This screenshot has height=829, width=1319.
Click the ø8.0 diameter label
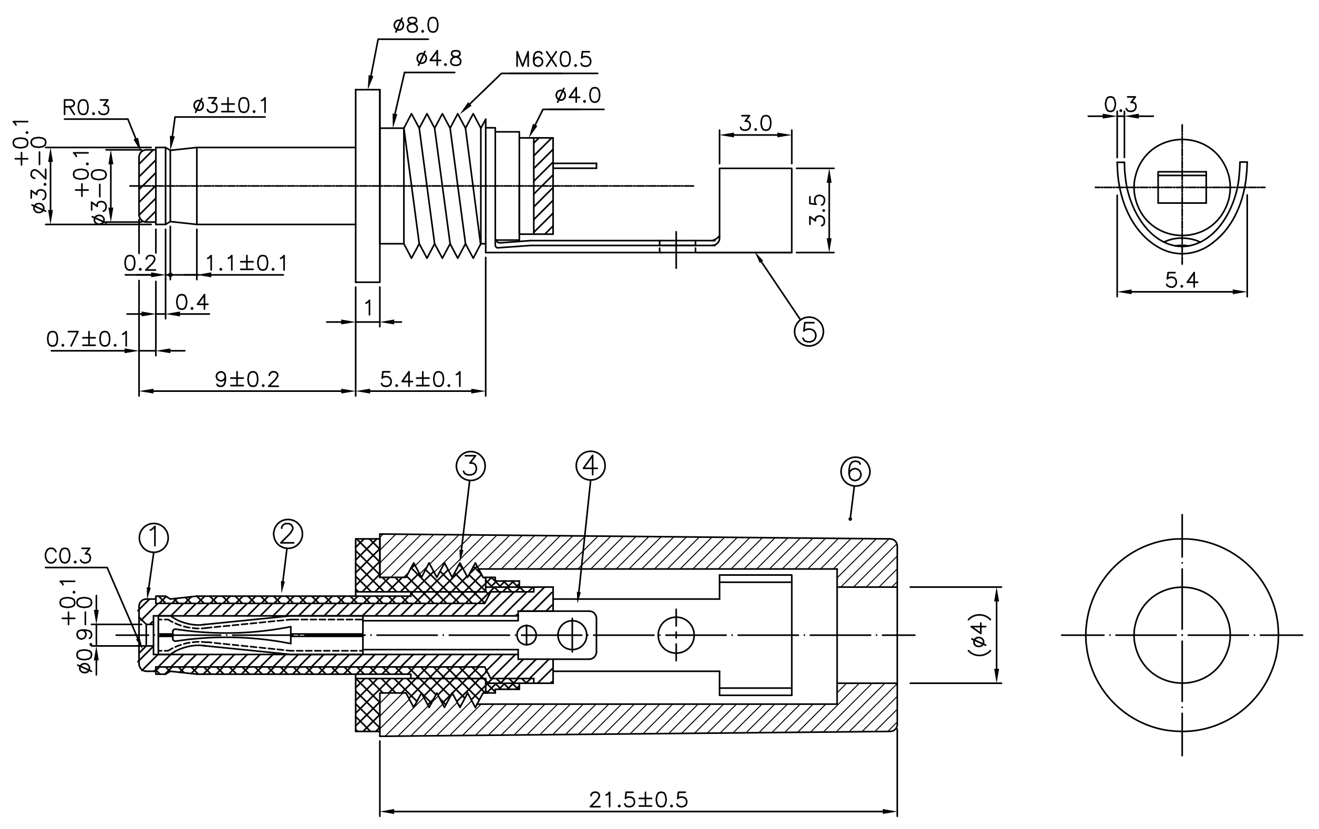click(x=416, y=26)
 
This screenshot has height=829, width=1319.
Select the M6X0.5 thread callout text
click(x=553, y=60)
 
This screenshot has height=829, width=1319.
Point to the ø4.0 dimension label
click(x=578, y=95)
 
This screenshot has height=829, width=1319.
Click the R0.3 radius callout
click(x=87, y=108)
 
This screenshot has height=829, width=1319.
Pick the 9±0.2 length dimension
click(x=247, y=379)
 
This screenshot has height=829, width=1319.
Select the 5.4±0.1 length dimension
click(x=422, y=379)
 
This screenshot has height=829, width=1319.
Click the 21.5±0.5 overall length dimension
click(x=638, y=800)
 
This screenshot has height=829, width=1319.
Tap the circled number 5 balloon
click(x=809, y=331)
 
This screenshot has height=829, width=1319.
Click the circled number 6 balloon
click(x=855, y=471)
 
